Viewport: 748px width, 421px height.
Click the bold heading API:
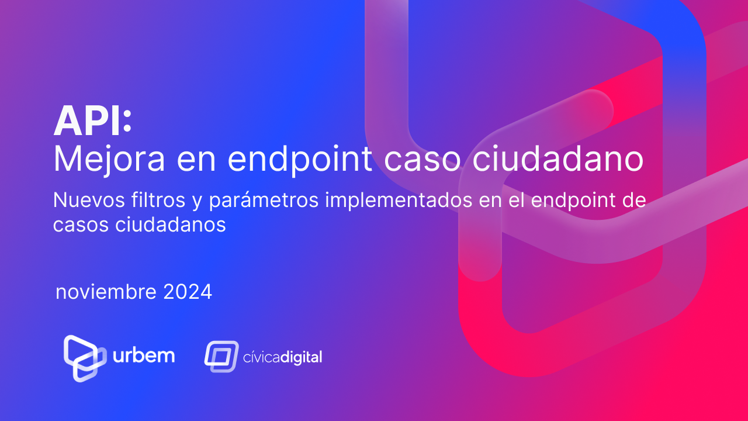click(x=92, y=120)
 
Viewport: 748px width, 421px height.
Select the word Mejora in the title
click(x=109, y=160)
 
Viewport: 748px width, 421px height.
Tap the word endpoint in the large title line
click(x=300, y=160)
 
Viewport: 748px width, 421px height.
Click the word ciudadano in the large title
click(x=557, y=158)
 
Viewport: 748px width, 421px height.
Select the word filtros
click(x=158, y=200)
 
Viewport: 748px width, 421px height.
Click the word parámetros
click(x=264, y=201)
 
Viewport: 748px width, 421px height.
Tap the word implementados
click(x=399, y=201)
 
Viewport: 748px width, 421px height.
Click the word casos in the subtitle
click(x=81, y=225)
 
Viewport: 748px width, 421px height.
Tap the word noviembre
click(x=106, y=292)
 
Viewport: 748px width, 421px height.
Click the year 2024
click(x=188, y=292)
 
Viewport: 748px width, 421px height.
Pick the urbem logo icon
click(x=85, y=358)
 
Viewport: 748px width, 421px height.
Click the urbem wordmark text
click(x=144, y=356)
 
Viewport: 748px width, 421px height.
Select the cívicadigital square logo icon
click(x=221, y=357)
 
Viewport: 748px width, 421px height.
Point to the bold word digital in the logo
click(x=301, y=357)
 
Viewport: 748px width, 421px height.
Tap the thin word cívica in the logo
click(x=261, y=357)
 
